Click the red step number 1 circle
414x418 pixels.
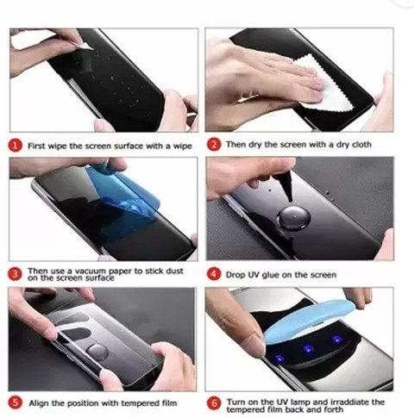[x=15, y=146]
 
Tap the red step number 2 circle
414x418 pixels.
[x=214, y=145]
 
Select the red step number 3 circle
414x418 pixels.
[x=15, y=274]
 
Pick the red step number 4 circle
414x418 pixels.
[x=214, y=274]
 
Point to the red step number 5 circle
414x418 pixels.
[x=15, y=402]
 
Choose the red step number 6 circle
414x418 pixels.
[x=214, y=403]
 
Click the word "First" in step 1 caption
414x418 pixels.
[x=36, y=146]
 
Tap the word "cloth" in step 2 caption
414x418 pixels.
[x=361, y=144]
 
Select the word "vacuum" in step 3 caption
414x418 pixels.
[x=91, y=271]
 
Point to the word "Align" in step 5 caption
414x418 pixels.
[x=39, y=403]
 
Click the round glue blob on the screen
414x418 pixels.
[x=293, y=217]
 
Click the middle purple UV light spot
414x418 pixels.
[x=308, y=349]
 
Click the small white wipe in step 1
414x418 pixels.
[x=84, y=47]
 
